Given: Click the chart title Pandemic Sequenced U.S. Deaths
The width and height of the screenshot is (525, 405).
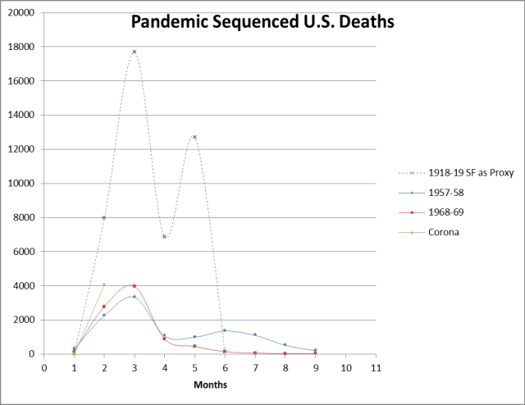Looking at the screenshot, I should [262, 21].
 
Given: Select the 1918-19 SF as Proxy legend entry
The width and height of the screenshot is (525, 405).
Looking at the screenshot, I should [459, 173].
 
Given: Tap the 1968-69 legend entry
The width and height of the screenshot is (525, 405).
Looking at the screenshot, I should [445, 212].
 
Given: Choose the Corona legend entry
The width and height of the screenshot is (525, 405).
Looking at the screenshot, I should [443, 232].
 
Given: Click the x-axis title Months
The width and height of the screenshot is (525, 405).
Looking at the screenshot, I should [210, 384].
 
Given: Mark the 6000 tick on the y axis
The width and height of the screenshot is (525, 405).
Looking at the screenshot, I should [26, 252].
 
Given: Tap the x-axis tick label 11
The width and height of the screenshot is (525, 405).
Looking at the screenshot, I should [375, 368].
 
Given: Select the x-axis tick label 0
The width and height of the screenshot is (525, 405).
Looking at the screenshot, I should [43, 368].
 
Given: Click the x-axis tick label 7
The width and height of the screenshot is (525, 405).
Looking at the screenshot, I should [254, 368].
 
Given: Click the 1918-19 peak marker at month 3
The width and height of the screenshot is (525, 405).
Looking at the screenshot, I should [134, 52].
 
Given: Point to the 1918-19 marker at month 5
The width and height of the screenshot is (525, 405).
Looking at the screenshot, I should [194, 137].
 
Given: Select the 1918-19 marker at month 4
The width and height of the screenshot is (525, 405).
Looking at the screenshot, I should [164, 236].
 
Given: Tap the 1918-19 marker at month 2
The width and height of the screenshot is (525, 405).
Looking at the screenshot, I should [104, 217].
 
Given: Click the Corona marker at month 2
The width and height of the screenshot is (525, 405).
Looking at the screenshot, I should [104, 284].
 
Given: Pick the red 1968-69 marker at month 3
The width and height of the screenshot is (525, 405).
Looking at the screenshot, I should [134, 286].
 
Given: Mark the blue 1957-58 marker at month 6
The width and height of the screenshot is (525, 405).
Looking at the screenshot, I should [224, 330].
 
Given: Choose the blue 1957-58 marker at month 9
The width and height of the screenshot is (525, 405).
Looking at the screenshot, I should [314, 350].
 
